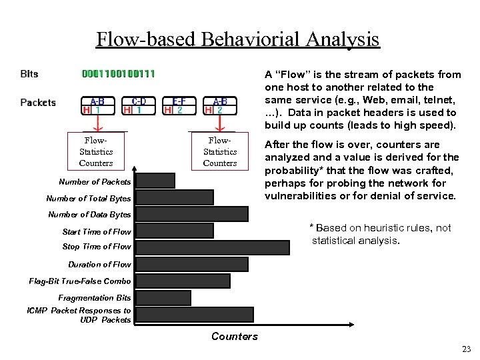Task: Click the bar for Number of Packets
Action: (155, 181)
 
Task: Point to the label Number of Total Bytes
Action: (89, 198)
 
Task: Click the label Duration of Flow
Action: (99, 265)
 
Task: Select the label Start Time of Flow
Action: (97, 231)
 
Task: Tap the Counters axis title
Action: (234, 336)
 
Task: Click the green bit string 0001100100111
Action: (119, 74)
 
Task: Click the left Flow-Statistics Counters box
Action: (96, 151)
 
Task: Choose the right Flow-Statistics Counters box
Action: (220, 151)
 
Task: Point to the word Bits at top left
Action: (29, 74)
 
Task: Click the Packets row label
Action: (38, 103)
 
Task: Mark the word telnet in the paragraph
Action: (441, 99)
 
